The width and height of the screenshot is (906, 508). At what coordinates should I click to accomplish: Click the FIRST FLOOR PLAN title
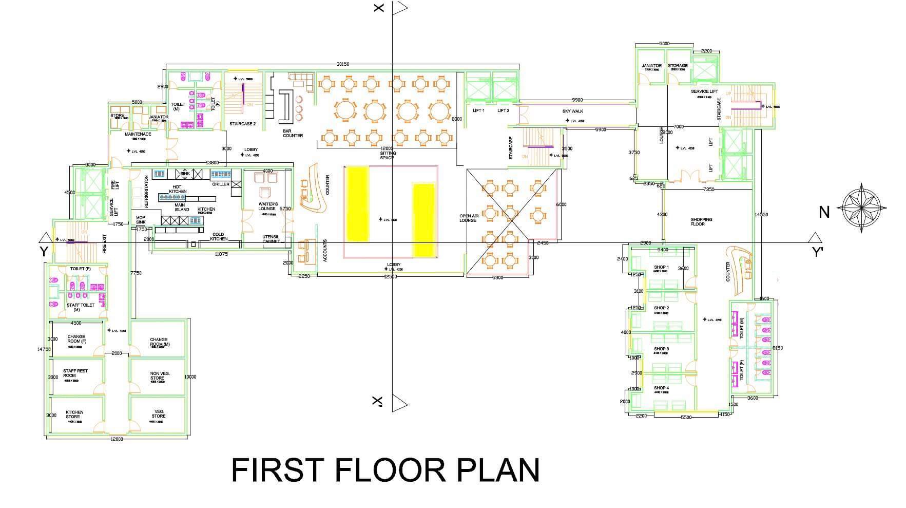385,469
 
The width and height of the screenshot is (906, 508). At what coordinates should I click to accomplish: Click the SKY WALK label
572,111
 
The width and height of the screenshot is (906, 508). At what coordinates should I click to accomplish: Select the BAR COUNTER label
293,134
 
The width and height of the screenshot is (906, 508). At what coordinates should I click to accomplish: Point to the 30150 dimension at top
342,64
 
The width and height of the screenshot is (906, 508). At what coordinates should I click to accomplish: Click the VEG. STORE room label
159,414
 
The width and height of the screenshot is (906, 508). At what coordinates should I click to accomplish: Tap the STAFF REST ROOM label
75,373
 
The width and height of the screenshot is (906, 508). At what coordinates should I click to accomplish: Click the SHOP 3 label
661,349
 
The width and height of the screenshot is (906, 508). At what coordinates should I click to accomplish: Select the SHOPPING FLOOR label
701,221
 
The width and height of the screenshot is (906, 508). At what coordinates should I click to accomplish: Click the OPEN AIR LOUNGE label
468,218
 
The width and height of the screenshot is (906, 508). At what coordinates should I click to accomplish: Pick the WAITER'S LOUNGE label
267,206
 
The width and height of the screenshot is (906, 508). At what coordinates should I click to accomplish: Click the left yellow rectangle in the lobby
357,204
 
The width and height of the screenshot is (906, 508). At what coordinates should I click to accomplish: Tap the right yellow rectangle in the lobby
424,219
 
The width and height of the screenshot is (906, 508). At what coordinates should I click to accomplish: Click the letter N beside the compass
824,212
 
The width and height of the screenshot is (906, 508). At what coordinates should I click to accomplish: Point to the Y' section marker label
817,252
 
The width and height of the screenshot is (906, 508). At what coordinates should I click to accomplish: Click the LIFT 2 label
503,110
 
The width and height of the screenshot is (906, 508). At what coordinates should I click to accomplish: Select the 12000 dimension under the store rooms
117,439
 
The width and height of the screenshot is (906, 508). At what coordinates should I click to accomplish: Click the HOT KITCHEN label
177,189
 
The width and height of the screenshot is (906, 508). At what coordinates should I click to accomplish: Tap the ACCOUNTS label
324,251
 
